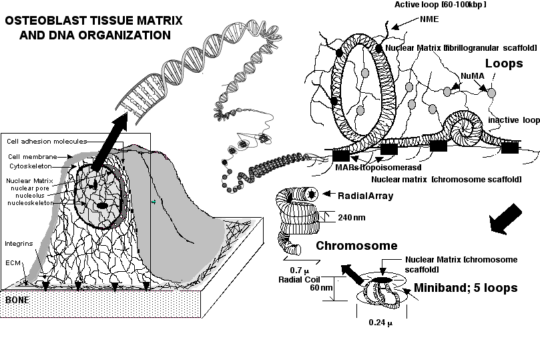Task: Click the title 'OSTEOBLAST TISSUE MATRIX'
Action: (87, 21)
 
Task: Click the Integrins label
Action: (15, 243)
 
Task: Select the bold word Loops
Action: (504, 64)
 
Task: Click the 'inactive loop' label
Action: (513, 120)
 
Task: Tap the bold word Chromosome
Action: (356, 246)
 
